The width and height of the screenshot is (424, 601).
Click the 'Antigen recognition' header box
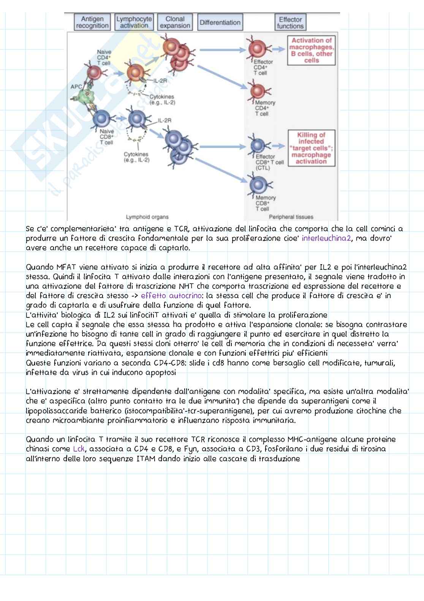pyautogui.click(x=92, y=22)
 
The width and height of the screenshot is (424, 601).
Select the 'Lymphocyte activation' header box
pyautogui.click(x=134, y=22)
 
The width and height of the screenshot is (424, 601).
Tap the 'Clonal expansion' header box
pyautogui.click(x=175, y=22)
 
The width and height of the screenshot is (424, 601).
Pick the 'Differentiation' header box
pyautogui.click(x=220, y=22)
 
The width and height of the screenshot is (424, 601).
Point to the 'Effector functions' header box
pyautogui.click(x=290, y=22)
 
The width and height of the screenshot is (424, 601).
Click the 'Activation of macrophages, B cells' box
pyautogui.click(x=312, y=50)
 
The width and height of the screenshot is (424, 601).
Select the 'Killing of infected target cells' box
pyautogui.click(x=312, y=148)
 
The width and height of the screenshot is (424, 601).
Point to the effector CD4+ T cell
pyautogui.click(x=258, y=49)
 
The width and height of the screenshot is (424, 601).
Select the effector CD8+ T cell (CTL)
pyautogui.click(x=259, y=145)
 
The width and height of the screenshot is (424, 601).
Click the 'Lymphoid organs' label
pyautogui.click(x=147, y=217)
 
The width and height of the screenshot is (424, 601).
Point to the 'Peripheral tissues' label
pyautogui.click(x=291, y=217)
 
